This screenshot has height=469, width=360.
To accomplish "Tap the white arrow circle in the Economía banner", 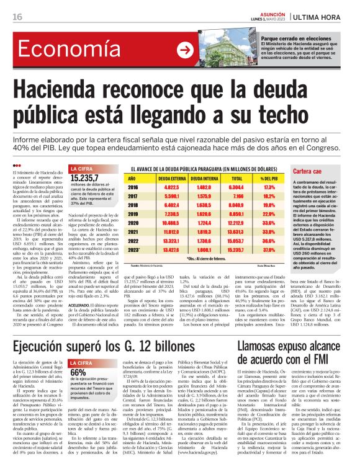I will click(x=184, y=51).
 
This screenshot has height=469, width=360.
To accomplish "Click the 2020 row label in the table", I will click(x=133, y=221).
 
